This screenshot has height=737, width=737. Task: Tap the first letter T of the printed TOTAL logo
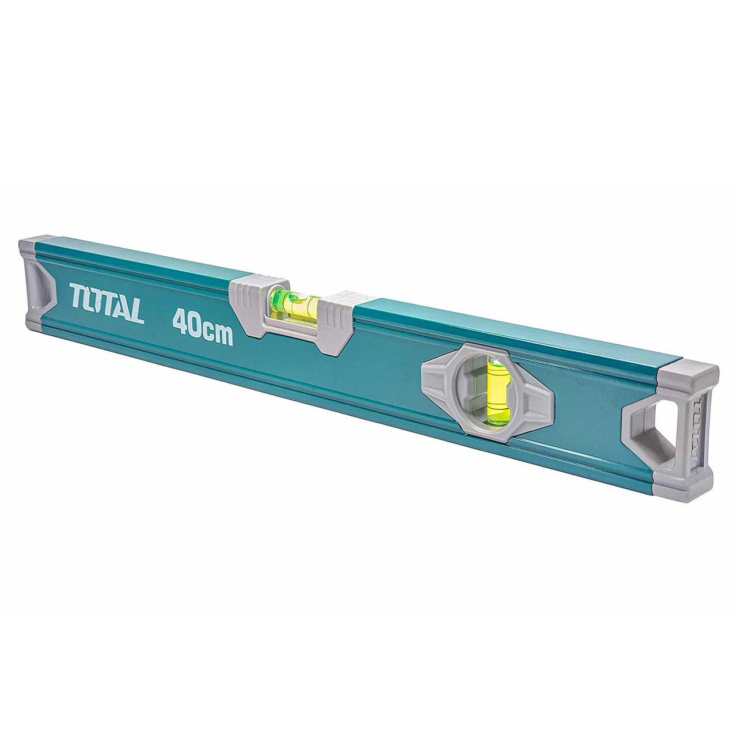(78, 297)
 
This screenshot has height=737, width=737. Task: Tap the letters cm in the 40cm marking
(221, 335)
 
